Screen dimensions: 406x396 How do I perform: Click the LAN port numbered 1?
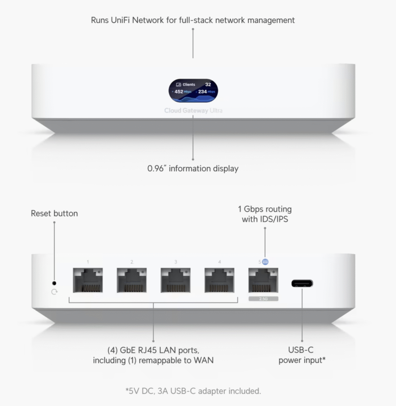click(x=88, y=281)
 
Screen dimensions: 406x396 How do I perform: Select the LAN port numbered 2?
click(x=132, y=281)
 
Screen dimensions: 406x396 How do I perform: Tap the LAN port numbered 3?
click(x=176, y=281)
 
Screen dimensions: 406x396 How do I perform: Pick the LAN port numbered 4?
click(x=219, y=281)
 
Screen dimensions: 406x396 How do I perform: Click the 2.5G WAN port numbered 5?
click(x=263, y=281)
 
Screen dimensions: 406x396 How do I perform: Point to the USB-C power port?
click(x=302, y=283)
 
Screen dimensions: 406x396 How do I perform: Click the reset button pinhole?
click(x=54, y=283)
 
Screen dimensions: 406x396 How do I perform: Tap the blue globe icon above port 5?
click(x=265, y=262)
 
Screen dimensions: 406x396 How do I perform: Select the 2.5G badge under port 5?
click(x=263, y=298)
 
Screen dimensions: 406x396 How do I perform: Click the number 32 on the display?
click(x=208, y=84)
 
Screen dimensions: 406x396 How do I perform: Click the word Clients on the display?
click(x=189, y=84)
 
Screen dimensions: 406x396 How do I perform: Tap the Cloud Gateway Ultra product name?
click(x=193, y=111)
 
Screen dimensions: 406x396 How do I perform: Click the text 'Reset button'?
click(x=54, y=214)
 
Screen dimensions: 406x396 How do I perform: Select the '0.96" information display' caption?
click(x=193, y=169)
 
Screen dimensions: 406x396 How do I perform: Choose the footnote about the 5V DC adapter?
click(x=193, y=391)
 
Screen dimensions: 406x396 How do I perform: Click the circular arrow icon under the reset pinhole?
click(x=54, y=292)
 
